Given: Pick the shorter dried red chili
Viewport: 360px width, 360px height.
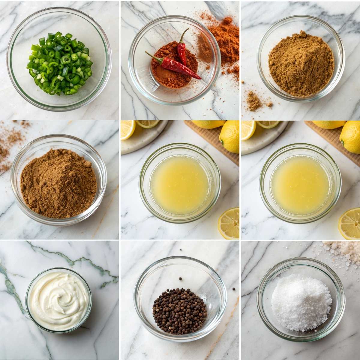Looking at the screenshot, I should coord(182,49).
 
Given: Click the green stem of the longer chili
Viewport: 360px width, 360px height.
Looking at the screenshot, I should coord(150,55).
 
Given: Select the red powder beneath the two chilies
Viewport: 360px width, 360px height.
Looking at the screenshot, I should coord(168,76).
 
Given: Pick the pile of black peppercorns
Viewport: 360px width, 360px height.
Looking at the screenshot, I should coord(179,310).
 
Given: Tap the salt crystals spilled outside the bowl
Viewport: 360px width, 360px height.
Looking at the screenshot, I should coord(342,252).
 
